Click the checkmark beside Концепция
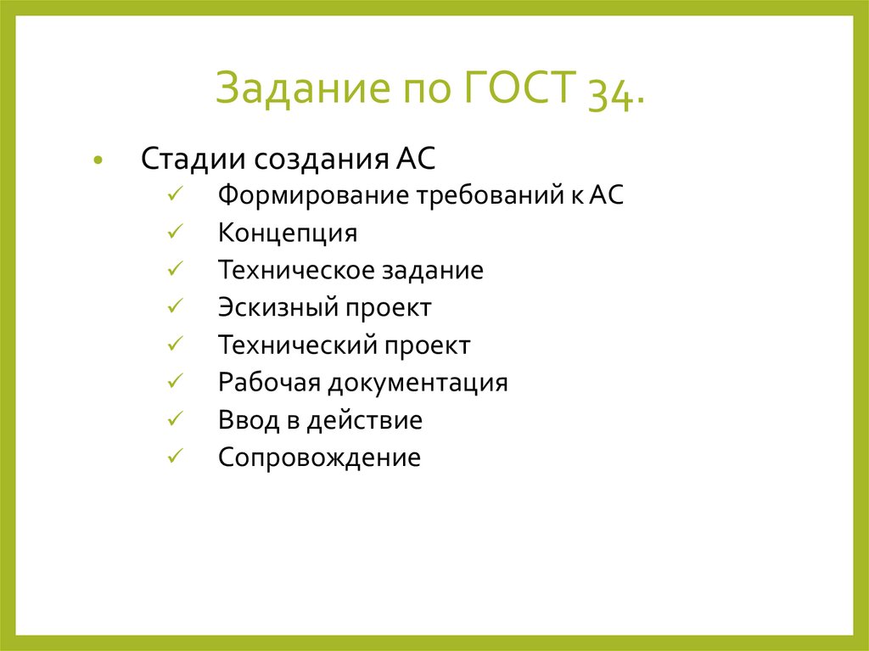[173, 233]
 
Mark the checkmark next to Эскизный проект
[173, 307]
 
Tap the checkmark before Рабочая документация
[173, 382]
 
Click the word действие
[366, 420]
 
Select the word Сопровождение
[319, 457]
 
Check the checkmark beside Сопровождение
[173, 457]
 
